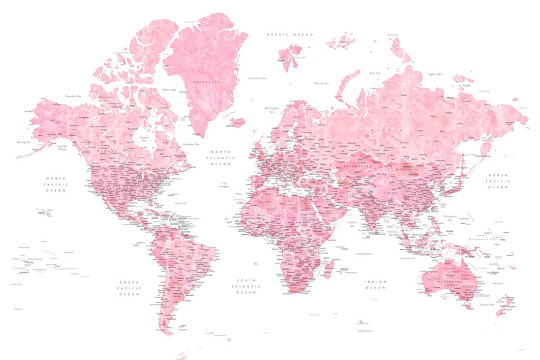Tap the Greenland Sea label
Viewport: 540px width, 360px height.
click(x=258, y=78)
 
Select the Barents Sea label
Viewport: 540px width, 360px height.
click(x=321, y=84)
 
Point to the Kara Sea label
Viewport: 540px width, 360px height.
click(x=374, y=73)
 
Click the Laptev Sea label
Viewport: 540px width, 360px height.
click(x=434, y=73)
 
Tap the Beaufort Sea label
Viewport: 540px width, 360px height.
click(x=73, y=96)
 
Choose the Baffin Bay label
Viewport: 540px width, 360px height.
click(x=169, y=90)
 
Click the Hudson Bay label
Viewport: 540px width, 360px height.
click(x=144, y=139)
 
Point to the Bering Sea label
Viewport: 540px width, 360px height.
click(x=23, y=143)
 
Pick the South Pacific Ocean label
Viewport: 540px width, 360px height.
click(x=130, y=287)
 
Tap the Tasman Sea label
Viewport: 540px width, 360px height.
click(x=487, y=305)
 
